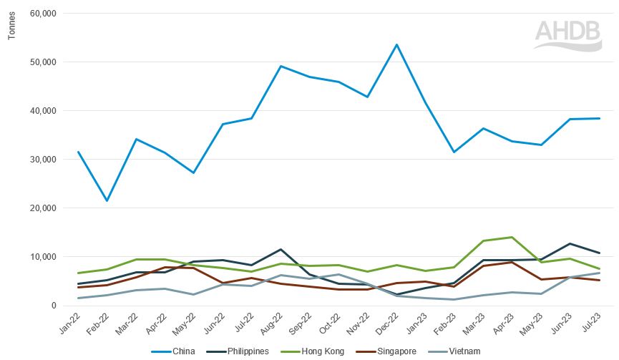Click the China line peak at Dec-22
(396, 44)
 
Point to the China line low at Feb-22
(107, 200)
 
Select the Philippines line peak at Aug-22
(281, 249)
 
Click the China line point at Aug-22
(281, 66)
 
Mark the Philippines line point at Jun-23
(570, 243)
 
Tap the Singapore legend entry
(393, 351)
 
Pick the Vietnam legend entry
(460, 351)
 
